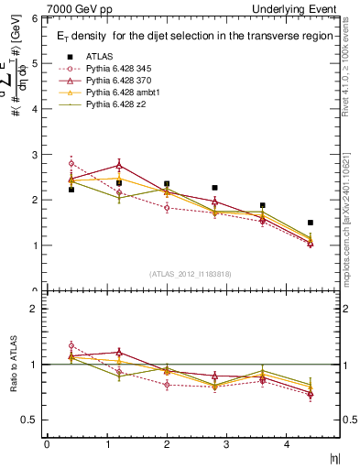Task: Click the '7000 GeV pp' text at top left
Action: point(77,8)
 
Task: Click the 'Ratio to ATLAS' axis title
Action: point(14,366)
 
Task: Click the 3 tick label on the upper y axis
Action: point(34,155)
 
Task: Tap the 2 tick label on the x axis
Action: point(166,444)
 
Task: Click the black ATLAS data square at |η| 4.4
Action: point(335,223)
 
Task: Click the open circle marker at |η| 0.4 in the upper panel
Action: point(71,163)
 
